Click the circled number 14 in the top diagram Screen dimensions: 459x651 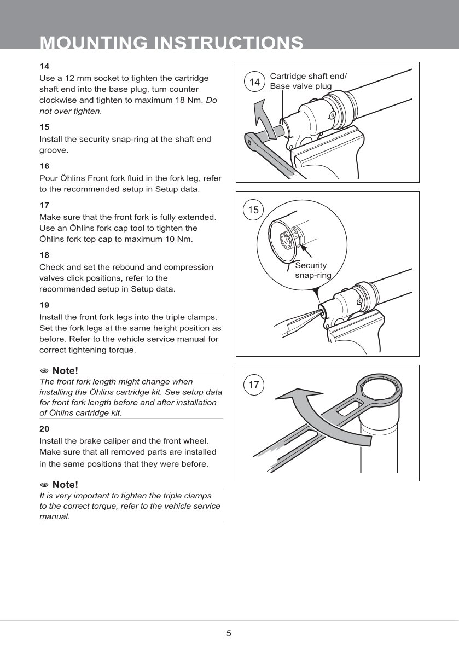254,82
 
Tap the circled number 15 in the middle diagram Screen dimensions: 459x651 253,210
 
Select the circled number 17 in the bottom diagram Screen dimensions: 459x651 253,385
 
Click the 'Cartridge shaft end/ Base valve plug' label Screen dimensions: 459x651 308,81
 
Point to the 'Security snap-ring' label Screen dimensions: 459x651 313,270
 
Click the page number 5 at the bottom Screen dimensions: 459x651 229,633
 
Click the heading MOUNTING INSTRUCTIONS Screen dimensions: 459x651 171,43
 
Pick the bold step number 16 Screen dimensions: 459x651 44,166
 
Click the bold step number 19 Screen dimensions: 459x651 44,305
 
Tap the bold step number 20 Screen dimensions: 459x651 44,429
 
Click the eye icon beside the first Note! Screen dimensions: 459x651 44,371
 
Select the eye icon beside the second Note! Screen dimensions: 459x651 44,485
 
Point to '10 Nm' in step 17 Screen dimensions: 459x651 179,239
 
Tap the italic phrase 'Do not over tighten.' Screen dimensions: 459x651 128,106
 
